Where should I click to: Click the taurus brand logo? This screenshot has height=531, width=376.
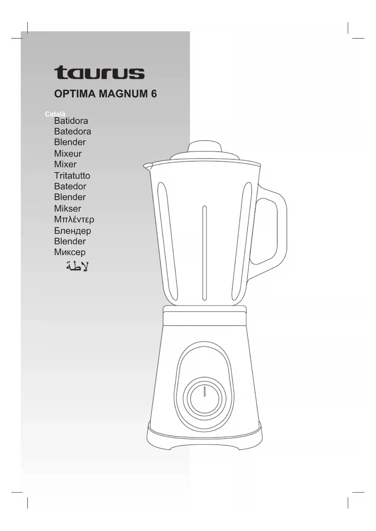click(x=99, y=73)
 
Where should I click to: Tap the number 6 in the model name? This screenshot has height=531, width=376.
click(x=154, y=94)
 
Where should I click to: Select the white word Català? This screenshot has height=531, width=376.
click(x=55, y=114)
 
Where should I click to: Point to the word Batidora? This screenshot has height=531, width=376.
click(x=71, y=121)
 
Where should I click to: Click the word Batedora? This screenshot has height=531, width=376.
click(x=72, y=131)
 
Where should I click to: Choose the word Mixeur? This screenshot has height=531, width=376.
click(x=68, y=153)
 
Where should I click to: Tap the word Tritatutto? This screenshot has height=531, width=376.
click(x=72, y=176)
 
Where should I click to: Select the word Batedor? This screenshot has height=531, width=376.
click(x=70, y=186)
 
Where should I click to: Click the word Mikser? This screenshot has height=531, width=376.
click(x=68, y=209)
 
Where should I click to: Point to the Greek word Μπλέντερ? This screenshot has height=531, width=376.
click(x=74, y=219)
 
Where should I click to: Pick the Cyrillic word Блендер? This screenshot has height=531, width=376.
click(x=72, y=231)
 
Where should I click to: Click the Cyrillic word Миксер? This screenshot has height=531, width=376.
click(x=70, y=252)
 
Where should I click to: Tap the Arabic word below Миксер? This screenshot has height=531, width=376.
click(x=77, y=266)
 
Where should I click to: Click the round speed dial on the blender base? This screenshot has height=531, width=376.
click(x=205, y=399)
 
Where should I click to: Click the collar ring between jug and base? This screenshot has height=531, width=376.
click(x=205, y=316)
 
